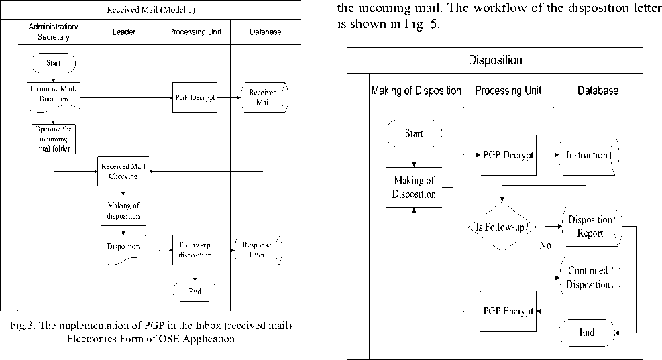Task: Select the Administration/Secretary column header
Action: (x=58, y=32)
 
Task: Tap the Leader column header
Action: (x=124, y=32)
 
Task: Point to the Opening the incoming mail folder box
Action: (x=53, y=139)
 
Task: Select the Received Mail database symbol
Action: (x=262, y=97)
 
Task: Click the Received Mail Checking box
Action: (x=123, y=172)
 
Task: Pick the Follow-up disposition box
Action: (x=195, y=250)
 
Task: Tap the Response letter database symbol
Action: (x=257, y=250)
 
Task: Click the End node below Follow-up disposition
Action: (x=195, y=292)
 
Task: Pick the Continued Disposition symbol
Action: (x=588, y=278)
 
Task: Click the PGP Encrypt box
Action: (x=508, y=311)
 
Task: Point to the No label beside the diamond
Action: (x=545, y=245)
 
